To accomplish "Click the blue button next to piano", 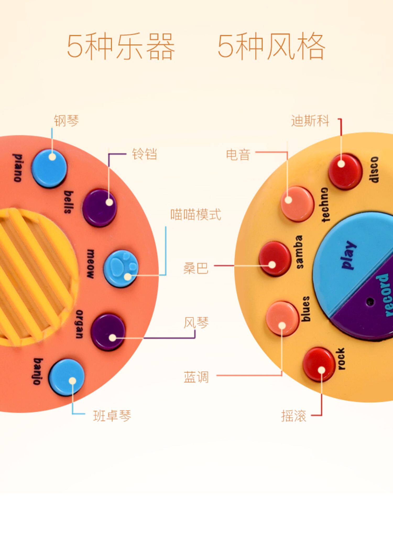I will click(49, 168).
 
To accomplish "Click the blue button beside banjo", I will click(67, 377).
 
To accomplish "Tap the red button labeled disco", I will click(345, 171).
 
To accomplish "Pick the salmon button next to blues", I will click(282, 318).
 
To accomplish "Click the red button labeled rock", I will click(319, 365).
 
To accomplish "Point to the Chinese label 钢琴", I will click(66, 121).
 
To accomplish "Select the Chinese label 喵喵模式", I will click(196, 214).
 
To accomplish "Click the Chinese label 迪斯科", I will click(310, 121).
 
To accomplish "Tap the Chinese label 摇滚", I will click(293, 416).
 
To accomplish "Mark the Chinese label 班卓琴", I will click(112, 416).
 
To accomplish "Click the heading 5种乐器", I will click(121, 47).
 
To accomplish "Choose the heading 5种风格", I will click(271, 47).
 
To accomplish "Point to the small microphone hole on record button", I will click(370, 301).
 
